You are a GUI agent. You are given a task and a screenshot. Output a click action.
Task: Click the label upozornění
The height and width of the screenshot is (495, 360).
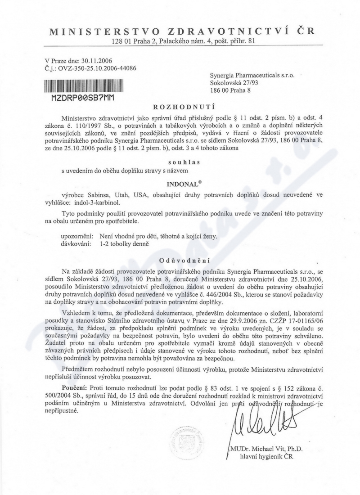tap(77, 236)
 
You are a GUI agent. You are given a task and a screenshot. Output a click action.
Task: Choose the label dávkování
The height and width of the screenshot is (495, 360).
tap(76, 244)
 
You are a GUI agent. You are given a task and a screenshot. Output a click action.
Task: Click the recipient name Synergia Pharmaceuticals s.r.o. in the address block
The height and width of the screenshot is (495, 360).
tap(252, 75)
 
